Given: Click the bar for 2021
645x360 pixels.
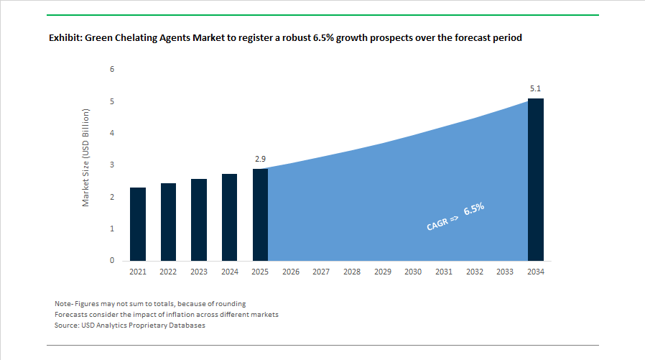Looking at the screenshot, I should point(138,224).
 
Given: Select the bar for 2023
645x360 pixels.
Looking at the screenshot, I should point(199,220).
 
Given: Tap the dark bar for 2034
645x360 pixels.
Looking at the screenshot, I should point(535,180).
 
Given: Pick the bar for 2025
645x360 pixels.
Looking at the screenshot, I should point(260,215).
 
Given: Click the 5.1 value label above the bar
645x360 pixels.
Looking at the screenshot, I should point(535,88).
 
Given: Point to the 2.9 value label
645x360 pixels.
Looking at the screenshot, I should point(260,157).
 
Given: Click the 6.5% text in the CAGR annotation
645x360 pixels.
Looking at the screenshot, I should point(474,210).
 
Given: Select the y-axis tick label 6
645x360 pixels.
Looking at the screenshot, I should point(112,69).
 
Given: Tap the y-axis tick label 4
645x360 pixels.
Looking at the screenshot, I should point(112,133).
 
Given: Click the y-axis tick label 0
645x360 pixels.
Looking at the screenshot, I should point(112,261).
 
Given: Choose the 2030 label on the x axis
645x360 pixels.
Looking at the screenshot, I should point(413,272).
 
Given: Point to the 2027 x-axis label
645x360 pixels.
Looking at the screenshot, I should point(321,272).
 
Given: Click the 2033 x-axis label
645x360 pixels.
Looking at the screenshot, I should point(505,272).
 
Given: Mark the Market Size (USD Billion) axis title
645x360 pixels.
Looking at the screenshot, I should point(85,158).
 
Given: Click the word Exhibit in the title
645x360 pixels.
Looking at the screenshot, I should point(65,38).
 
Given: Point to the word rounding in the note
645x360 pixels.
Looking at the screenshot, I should point(231,304).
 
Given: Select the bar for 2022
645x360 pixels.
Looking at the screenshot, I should point(168,222).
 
